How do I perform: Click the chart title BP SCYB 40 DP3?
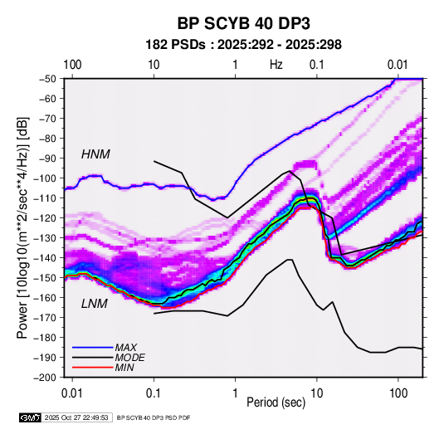point(243,23)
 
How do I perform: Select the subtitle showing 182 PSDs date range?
point(243,45)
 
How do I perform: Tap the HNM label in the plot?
point(95,154)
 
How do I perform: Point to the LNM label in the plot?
point(95,304)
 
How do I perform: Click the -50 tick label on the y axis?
point(47,79)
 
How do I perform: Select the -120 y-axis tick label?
point(46,218)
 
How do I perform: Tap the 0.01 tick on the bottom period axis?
point(72,393)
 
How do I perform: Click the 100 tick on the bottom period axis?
point(398,393)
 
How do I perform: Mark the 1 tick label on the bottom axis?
point(235,393)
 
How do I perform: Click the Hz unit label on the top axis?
point(276,65)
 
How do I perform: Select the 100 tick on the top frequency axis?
point(72,65)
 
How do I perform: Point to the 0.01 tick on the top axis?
point(398,65)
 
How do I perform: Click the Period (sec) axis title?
point(276,402)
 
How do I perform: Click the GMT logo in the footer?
point(31,417)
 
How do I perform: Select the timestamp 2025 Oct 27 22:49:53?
point(76,417)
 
